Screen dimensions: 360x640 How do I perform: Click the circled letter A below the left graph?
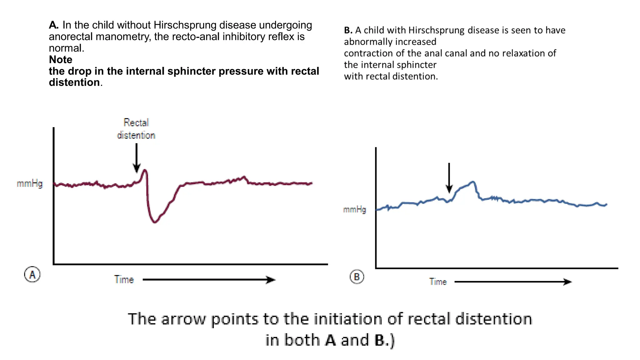[32, 274]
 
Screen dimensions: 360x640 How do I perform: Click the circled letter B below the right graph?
[357, 277]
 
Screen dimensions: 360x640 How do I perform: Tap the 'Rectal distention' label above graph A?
[136, 129]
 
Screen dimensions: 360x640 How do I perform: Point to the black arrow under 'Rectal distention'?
[137, 158]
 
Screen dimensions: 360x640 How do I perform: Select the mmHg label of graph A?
[30, 183]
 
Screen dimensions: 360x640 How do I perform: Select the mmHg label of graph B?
[354, 209]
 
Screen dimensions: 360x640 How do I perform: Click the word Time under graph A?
[124, 279]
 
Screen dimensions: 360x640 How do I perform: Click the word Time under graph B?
[438, 282]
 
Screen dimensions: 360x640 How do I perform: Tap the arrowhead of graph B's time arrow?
[568, 282]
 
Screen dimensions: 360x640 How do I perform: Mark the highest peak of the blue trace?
[473, 182]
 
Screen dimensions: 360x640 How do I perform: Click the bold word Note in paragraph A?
[61, 59]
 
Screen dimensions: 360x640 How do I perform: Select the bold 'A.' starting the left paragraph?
[54, 25]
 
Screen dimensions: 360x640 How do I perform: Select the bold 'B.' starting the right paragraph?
[348, 30]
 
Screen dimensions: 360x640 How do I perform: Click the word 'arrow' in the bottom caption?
[183, 319]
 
